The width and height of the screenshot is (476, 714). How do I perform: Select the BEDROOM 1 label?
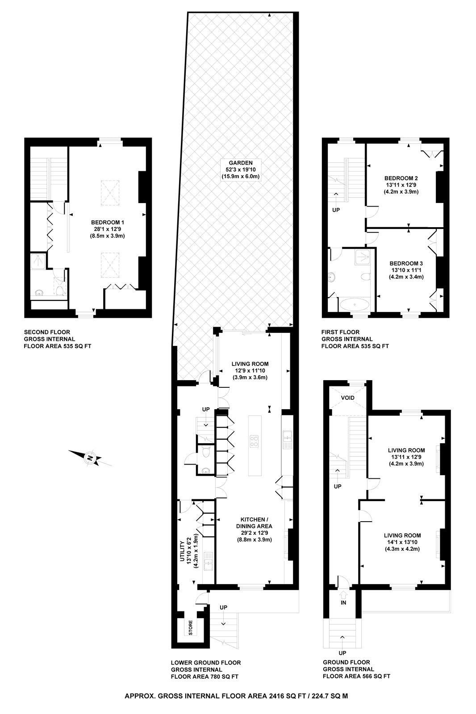pos(107,222)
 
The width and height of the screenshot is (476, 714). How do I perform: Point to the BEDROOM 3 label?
pos(406,263)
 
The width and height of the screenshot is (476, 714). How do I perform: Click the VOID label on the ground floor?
pos(347,398)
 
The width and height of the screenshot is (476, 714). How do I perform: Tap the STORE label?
pos(190,628)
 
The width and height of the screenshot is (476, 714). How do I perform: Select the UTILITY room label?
pos(182,552)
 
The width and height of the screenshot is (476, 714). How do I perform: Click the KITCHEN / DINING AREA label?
pos(254,523)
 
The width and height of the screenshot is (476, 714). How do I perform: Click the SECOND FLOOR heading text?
pos(47,332)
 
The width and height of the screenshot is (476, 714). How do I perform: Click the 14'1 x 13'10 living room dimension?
pos(402,542)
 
